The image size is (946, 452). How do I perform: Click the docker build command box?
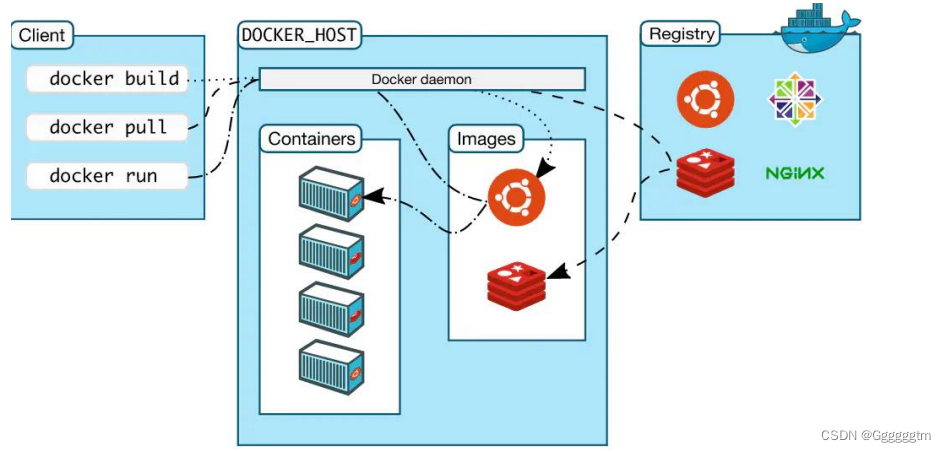(x=107, y=79)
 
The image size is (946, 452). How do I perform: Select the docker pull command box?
(x=107, y=127)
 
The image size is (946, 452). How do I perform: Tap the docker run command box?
(x=107, y=176)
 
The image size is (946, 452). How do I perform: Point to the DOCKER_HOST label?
(x=299, y=35)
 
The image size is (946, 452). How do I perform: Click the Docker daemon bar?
(x=422, y=79)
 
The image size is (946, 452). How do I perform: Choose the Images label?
(x=485, y=139)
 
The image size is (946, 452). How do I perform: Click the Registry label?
(x=682, y=34)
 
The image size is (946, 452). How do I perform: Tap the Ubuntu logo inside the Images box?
(x=516, y=196)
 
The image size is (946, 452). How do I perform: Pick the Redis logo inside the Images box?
(x=517, y=283)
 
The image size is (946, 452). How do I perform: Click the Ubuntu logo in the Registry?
(x=705, y=100)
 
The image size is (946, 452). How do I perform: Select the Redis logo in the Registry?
(x=705, y=172)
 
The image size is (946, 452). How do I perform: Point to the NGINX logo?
(x=795, y=173)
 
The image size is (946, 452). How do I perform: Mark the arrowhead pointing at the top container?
(x=372, y=197)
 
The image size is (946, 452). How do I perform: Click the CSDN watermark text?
(x=874, y=436)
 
